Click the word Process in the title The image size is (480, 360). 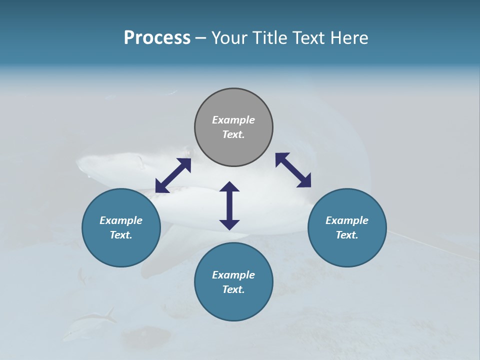[157, 38]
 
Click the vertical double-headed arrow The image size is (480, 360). [229, 205]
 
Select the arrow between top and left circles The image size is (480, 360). [173, 175]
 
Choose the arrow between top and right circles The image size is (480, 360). [293, 170]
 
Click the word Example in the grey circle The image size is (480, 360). [233, 120]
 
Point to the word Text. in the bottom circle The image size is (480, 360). [233, 289]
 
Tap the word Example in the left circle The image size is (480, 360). [121, 220]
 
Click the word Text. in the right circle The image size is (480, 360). [347, 235]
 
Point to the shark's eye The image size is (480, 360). [188, 151]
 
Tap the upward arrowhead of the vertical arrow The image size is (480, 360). [229, 186]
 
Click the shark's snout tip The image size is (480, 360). [78, 161]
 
